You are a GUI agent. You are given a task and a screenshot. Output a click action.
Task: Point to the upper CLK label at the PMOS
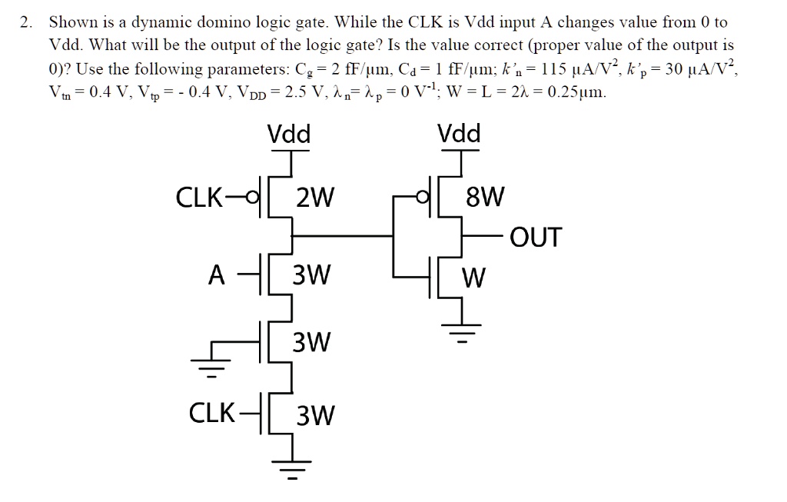tap(201, 199)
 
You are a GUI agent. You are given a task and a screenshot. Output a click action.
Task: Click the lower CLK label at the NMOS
tap(212, 414)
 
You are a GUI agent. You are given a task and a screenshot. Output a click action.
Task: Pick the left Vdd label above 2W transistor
tap(289, 135)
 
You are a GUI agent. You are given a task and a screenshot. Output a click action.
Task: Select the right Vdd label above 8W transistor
tap(459, 135)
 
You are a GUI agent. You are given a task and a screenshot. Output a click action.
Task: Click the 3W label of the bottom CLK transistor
tap(314, 416)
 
